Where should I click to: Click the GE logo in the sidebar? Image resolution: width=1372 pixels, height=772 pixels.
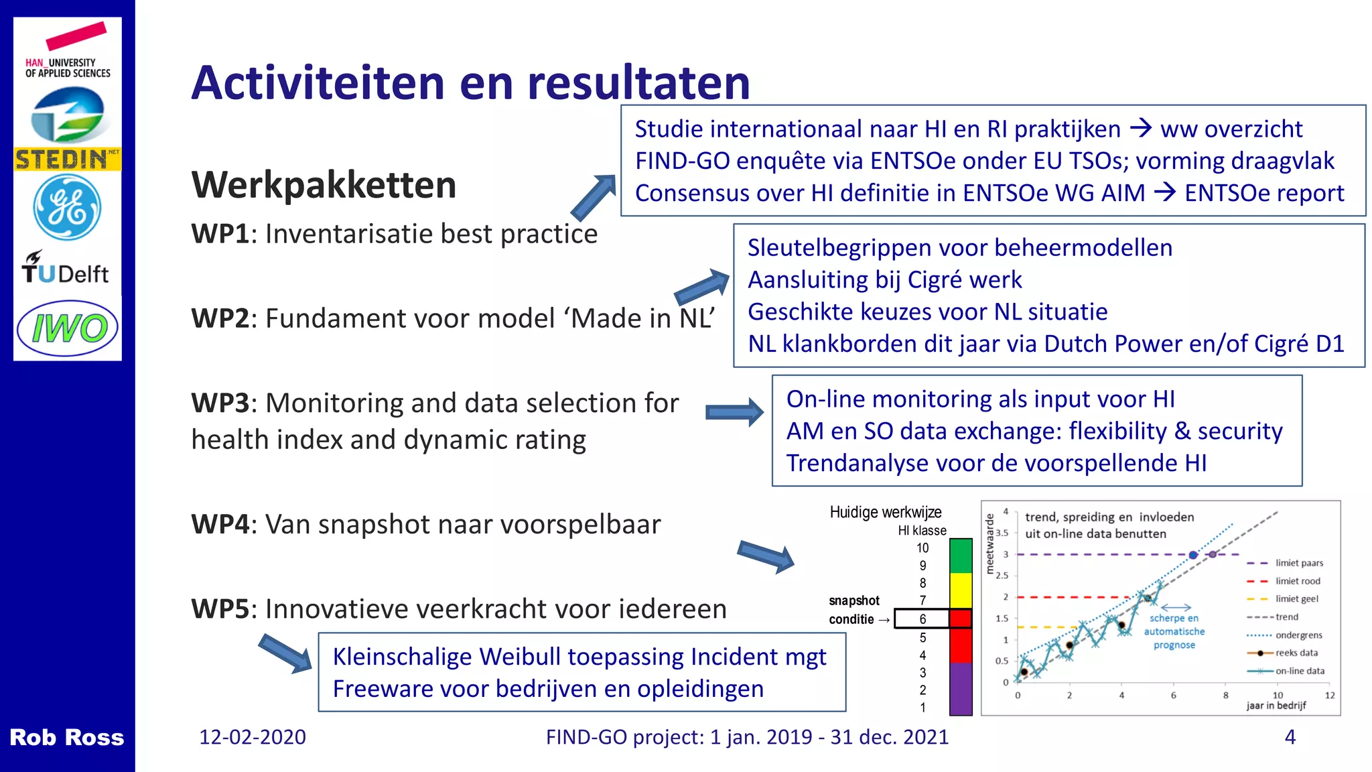pyautogui.click(x=67, y=208)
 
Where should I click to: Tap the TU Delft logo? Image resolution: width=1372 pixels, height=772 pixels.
pyautogui.click(x=66, y=269)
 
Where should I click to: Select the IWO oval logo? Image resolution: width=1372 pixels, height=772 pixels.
pyautogui.click(x=67, y=328)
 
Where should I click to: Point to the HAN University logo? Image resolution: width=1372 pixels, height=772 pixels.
pyautogui.click(x=67, y=54)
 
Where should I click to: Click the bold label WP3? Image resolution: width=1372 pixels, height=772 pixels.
pyautogui.click(x=220, y=403)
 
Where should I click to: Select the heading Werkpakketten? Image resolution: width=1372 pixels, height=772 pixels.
pyautogui.click(x=324, y=185)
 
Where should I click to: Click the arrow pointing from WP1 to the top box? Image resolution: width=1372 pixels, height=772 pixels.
pyautogui.click(x=593, y=197)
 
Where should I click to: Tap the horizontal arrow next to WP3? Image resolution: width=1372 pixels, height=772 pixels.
pyautogui.click(x=734, y=412)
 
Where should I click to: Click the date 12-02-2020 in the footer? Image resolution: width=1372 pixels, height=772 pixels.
pyautogui.click(x=253, y=737)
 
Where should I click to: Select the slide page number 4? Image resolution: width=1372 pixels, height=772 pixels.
pyautogui.click(x=1290, y=737)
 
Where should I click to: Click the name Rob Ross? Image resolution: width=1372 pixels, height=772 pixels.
pyautogui.click(x=66, y=737)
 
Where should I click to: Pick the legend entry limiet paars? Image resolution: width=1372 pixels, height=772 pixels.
pyautogui.click(x=1298, y=563)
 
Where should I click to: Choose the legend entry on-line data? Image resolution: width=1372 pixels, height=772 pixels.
pyautogui.click(x=1300, y=671)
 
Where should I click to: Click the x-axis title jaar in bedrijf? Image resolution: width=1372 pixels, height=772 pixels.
pyautogui.click(x=1276, y=706)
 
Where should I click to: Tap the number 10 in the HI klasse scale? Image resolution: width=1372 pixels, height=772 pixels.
pyautogui.click(x=922, y=548)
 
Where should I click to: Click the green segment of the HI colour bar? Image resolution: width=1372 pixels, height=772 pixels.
pyautogui.click(x=961, y=556)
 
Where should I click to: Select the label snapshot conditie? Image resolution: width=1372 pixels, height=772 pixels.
pyautogui.click(x=855, y=610)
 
